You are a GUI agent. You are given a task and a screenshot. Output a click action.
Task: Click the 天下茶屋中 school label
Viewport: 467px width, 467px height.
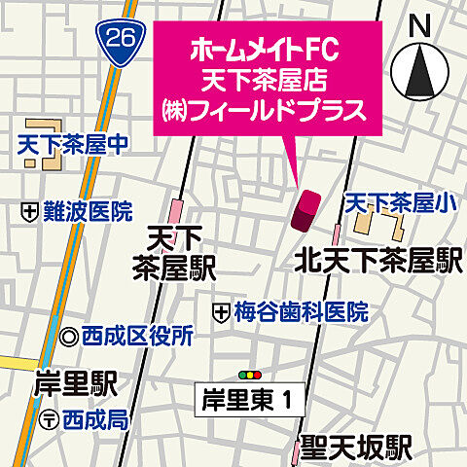[x=73, y=147]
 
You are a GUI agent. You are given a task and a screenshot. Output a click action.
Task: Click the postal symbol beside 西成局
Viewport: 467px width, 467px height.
[x=50, y=419]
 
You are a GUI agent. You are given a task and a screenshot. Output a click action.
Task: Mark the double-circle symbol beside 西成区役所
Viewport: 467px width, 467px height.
[x=68, y=338]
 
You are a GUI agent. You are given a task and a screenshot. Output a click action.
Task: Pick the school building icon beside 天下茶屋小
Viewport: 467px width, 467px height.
[x=374, y=226]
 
